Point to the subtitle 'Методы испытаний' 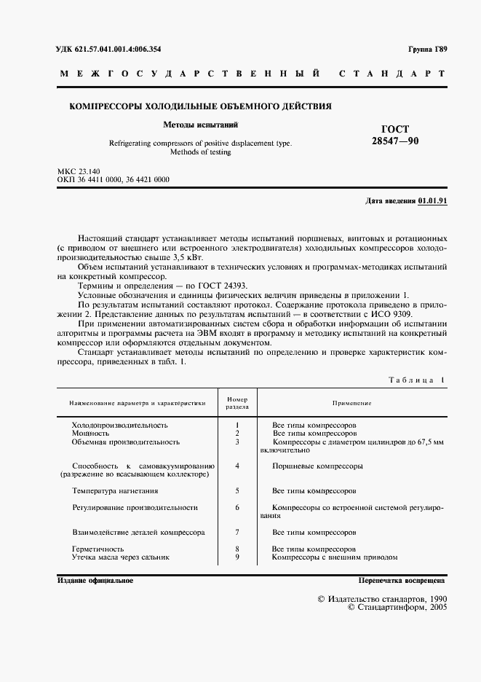[x=199, y=125]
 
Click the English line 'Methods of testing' [x=200, y=152]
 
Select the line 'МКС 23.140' [x=80, y=171]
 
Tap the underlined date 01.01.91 [x=433, y=200]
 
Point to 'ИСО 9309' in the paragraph [x=391, y=314]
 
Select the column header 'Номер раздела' [x=237, y=404]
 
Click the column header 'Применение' [x=352, y=403]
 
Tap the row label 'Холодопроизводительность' [x=119, y=424]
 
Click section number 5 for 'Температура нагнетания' [x=237, y=490]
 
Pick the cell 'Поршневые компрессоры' [x=317, y=466]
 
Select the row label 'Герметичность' [x=98, y=548]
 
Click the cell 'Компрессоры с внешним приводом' [x=335, y=557]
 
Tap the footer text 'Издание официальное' [x=95, y=581]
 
